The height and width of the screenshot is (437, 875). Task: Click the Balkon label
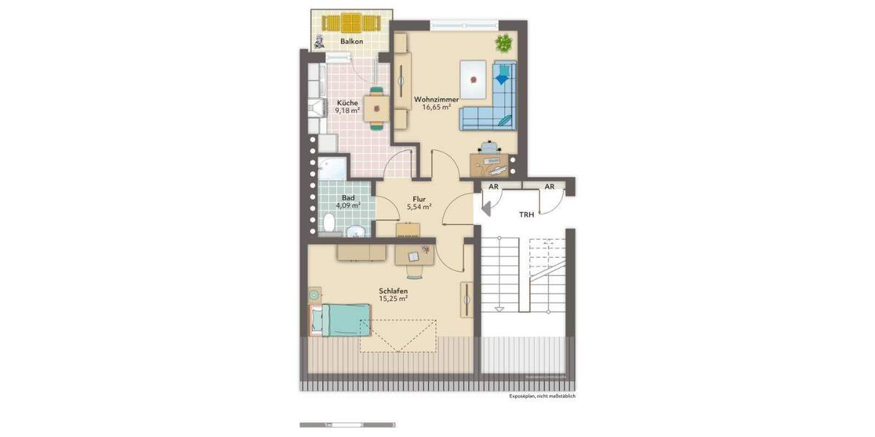(x=351, y=42)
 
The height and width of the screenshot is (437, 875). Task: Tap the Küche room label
(x=347, y=103)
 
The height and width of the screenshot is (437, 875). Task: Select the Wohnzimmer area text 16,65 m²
(x=436, y=107)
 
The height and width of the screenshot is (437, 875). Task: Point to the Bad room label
(x=348, y=197)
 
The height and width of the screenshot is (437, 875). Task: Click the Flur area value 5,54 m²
(x=419, y=207)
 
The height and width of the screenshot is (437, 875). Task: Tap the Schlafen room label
(x=392, y=291)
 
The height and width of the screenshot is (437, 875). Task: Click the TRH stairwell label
(x=526, y=215)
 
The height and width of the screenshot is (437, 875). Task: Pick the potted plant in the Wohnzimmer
(x=503, y=43)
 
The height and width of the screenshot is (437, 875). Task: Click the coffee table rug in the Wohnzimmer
(x=475, y=79)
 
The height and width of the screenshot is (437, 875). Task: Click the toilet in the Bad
(x=329, y=221)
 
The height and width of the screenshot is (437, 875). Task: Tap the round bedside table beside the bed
(x=314, y=296)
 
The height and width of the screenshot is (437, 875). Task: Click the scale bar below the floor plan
(x=347, y=424)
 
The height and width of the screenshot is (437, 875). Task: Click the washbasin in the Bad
(x=357, y=232)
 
